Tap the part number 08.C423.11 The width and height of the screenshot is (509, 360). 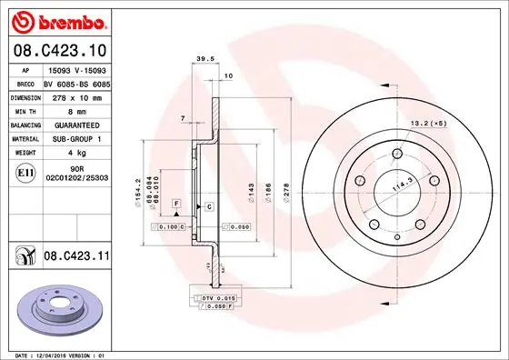click(76, 258)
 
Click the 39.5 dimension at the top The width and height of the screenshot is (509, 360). click(205, 60)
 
